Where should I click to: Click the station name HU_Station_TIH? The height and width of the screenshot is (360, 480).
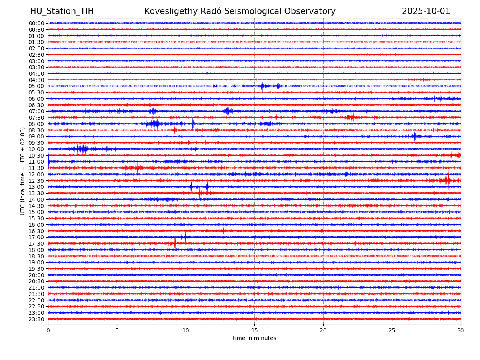[62, 11]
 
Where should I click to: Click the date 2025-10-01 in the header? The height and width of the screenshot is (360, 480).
[426, 11]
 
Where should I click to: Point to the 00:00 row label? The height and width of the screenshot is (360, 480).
[36, 23]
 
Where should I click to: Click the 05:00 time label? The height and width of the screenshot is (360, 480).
[36, 86]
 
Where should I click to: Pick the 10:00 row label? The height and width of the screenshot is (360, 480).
[36, 149]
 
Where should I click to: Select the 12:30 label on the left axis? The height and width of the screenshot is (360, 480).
[36, 181]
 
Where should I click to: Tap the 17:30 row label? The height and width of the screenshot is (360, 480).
[36, 244]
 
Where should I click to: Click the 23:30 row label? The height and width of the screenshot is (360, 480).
[36, 319]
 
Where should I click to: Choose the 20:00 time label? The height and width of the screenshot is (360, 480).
[36, 275]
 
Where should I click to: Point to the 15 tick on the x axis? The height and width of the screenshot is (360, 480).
[254, 330]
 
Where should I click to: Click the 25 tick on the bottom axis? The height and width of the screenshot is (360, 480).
[392, 330]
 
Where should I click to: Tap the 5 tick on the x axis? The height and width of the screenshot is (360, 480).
[117, 330]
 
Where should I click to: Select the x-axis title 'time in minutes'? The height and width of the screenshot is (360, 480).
[254, 338]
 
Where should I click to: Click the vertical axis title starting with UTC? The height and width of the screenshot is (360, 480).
[23, 171]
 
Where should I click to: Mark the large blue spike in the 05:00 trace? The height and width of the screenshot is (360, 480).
[262, 86]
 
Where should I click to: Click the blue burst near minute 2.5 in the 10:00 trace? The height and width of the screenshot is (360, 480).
[83, 149]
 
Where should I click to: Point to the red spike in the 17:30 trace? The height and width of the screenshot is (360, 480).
[175, 243]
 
